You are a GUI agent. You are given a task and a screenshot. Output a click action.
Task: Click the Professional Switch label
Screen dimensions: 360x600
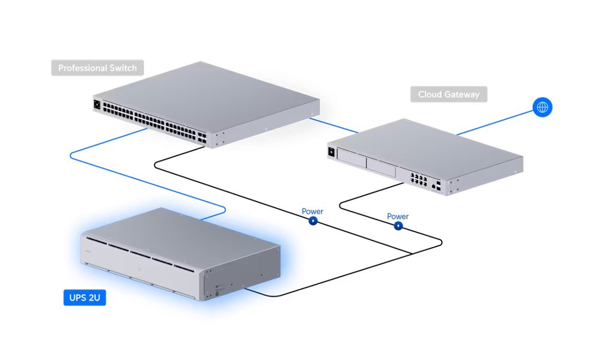pos(97,68)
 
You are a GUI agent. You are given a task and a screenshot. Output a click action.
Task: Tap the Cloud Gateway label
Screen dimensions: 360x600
pos(449,95)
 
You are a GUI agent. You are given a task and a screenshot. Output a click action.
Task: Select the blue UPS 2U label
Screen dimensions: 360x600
pos(85,297)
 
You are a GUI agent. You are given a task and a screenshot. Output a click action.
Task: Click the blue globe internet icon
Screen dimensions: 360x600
pos(542,107)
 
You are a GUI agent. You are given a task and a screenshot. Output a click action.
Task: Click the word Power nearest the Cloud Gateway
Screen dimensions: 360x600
pos(398,217)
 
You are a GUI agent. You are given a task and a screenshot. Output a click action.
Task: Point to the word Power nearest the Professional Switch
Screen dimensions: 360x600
pos(313,212)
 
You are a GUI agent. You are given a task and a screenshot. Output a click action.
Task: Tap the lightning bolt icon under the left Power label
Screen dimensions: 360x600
pos(313,221)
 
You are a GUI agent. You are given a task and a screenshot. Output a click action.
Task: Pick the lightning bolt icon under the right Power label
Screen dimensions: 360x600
pos(398,226)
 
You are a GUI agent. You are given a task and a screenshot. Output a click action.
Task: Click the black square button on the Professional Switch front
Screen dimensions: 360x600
pos(96,104)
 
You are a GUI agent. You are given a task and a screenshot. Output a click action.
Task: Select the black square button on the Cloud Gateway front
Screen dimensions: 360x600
pos(331,152)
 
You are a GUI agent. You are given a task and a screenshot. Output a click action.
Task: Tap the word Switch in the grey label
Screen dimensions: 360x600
pos(122,68)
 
